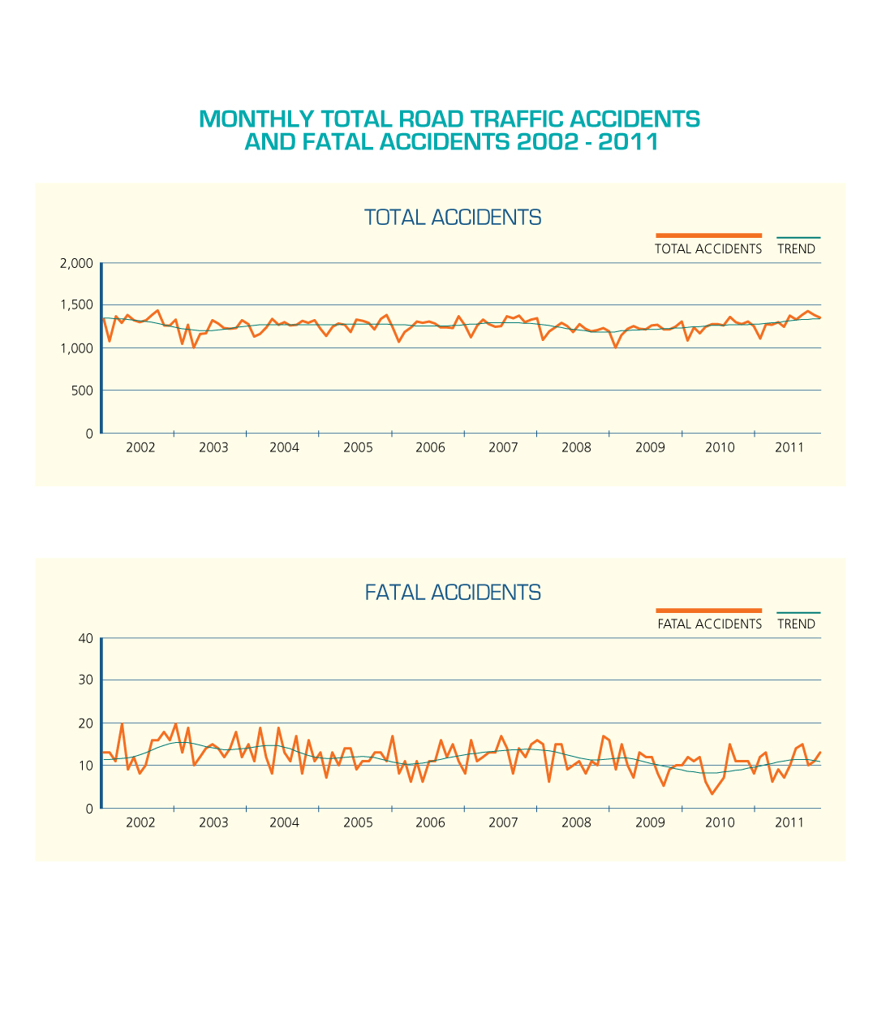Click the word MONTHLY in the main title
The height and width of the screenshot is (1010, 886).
click(256, 119)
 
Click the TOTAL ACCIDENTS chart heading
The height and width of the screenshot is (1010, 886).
click(452, 218)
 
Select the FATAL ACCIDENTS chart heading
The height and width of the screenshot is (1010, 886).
click(452, 593)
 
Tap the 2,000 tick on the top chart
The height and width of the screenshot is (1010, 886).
click(76, 264)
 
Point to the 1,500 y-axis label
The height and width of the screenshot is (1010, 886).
click(76, 305)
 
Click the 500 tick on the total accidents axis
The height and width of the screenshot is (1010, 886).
click(82, 391)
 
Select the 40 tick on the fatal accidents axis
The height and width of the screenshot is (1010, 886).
click(85, 638)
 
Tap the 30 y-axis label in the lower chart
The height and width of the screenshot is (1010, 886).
click(85, 680)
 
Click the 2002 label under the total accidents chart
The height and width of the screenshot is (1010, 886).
click(140, 447)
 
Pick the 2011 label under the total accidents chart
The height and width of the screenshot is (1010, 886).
click(789, 447)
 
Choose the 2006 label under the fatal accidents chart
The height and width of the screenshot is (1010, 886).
click(430, 822)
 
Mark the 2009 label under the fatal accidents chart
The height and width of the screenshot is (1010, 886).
click(649, 822)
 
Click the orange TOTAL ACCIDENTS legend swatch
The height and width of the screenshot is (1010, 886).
click(708, 235)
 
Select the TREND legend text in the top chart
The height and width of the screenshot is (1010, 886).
click(796, 249)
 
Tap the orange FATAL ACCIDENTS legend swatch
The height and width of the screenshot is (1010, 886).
click(708, 611)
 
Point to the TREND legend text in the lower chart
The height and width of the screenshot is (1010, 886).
click(796, 624)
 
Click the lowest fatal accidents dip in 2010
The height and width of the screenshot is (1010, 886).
click(712, 793)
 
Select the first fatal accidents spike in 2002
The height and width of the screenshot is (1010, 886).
click(122, 723)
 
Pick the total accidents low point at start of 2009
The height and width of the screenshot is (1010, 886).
click(616, 347)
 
